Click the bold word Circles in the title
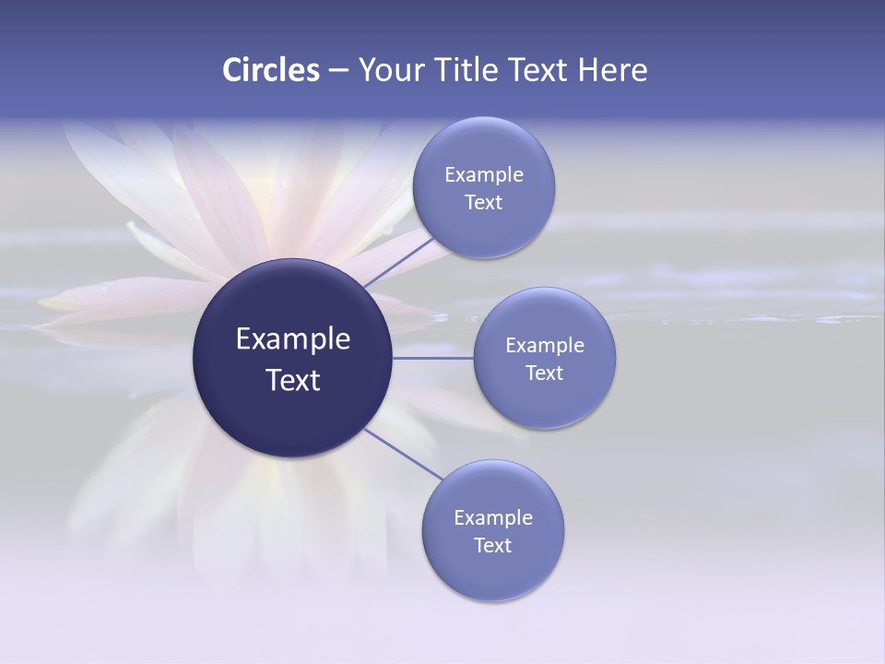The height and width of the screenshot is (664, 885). tap(271, 70)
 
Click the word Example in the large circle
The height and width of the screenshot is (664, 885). tap(293, 339)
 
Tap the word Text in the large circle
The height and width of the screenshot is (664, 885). tap(293, 380)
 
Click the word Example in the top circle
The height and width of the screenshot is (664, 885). tap(483, 175)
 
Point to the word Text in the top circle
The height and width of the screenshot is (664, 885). tap(483, 203)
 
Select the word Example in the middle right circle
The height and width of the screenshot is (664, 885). tap(545, 346)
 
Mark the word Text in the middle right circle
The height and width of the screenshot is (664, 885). tap(545, 373)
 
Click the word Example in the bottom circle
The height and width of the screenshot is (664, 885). tap(492, 518)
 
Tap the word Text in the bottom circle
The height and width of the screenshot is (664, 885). tap(492, 546)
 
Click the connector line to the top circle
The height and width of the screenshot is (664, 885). tap(399, 261)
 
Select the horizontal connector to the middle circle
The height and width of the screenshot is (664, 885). tap(433, 358)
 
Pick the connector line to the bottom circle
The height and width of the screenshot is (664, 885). tap(404, 454)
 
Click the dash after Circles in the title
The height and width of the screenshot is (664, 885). tap(338, 70)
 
